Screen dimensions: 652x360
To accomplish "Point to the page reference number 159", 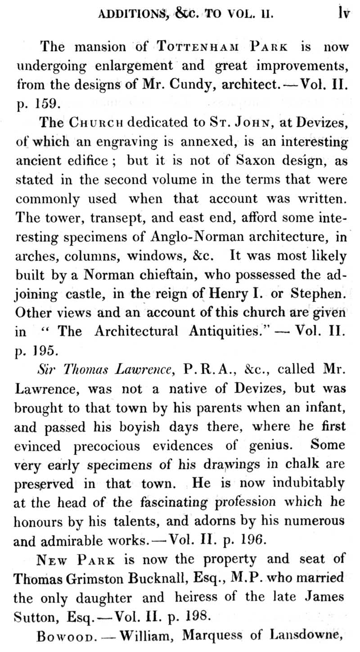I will click(45, 104).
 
